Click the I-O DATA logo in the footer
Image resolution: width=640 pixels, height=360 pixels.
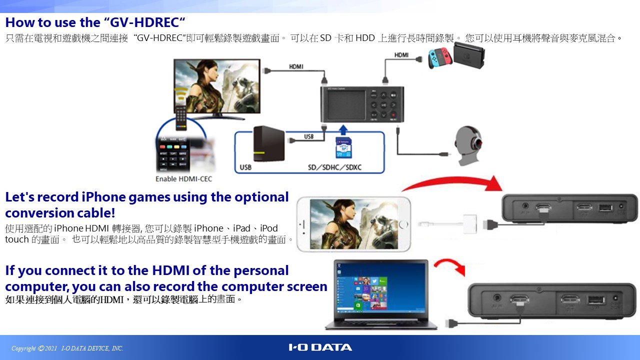(320, 347)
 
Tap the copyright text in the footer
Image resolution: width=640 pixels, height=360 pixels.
(67, 348)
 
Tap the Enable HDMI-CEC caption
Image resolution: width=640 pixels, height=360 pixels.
(183, 179)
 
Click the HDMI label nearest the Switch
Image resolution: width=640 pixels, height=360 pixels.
(401, 54)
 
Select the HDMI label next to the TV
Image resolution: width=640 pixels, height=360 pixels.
(295, 66)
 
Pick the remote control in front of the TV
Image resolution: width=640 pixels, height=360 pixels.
(180, 114)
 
